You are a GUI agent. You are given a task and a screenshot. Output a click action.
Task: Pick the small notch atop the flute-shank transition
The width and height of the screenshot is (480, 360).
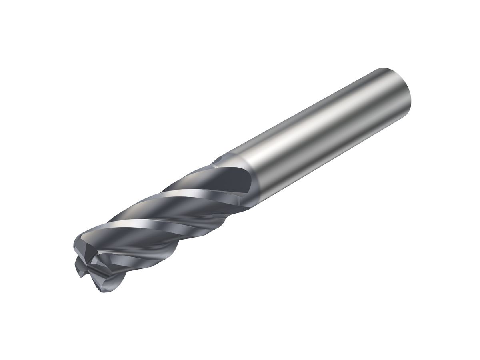click(218, 160)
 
